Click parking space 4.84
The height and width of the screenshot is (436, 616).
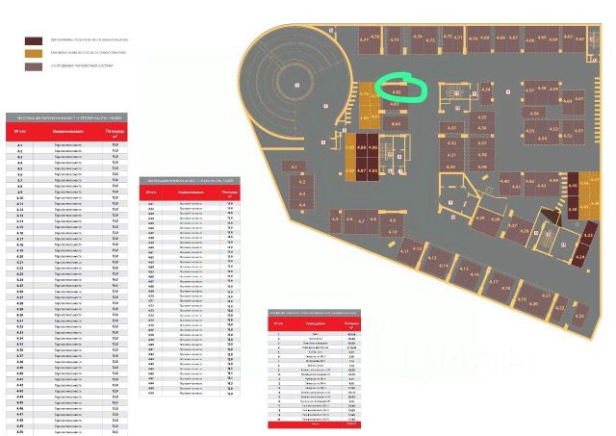396,124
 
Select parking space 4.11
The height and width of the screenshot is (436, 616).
405,251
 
